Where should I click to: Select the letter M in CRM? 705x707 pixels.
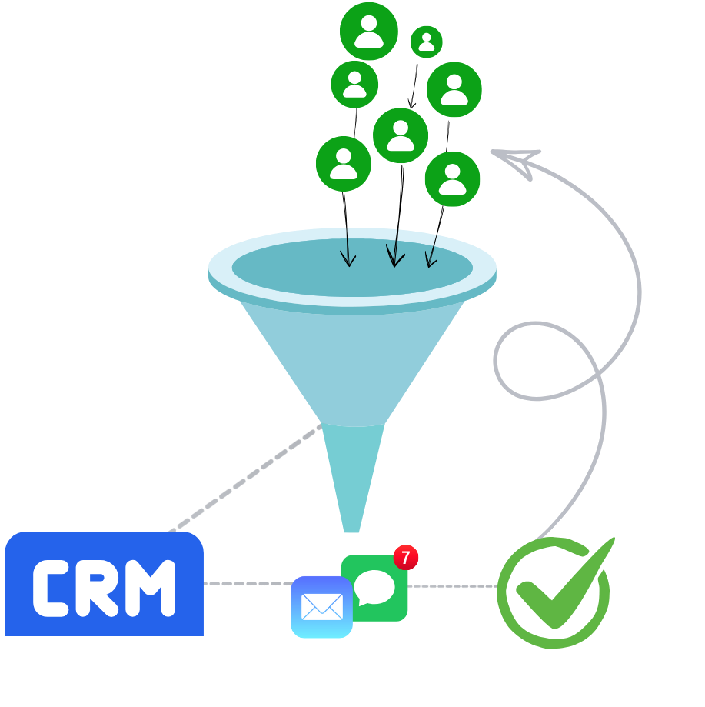tap(151, 589)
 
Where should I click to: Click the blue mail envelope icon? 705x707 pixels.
tap(321, 606)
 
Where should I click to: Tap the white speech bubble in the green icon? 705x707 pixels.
tap(374, 588)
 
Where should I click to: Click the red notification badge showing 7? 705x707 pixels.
tap(406, 557)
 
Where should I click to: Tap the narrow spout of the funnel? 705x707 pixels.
tap(352, 477)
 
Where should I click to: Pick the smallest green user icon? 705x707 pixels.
tap(426, 42)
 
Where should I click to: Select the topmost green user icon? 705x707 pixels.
tap(369, 31)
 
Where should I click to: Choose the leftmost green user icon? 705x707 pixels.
tap(344, 164)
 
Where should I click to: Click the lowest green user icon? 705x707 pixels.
tap(452, 178)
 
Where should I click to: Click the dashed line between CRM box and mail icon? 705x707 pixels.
tap(246, 584)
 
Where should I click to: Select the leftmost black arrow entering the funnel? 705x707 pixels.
tap(348, 248)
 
